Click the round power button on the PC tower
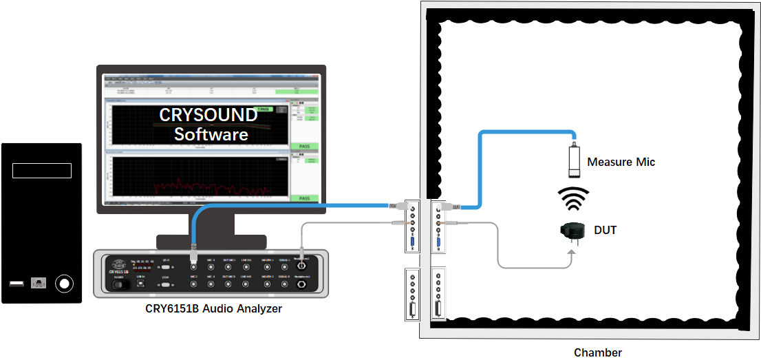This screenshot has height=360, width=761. click(64, 283)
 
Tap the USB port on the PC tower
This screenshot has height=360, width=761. click(16, 284)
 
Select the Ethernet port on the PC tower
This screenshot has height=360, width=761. click(39, 283)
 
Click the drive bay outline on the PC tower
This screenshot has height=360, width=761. click(41, 170)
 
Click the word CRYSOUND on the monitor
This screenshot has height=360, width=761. click(208, 115)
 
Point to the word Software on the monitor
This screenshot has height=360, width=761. click(211, 134)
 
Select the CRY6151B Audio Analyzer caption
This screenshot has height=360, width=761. click(214, 309)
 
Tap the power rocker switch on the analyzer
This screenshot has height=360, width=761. click(122, 284)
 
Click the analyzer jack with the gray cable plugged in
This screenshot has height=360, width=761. click(301, 262)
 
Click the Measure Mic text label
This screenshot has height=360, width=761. click(621, 162)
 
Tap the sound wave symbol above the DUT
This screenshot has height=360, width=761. click(573, 200)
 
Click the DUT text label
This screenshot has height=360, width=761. click(605, 230)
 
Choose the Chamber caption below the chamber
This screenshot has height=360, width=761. click(598, 352)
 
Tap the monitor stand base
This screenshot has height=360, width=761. click(211, 242)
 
